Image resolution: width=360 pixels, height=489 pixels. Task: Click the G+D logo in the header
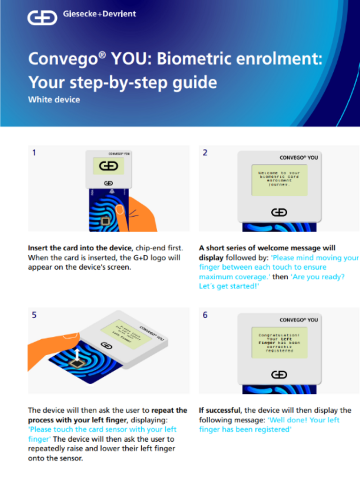point(42,17)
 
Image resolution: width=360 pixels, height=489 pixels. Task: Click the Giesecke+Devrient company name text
point(99,14)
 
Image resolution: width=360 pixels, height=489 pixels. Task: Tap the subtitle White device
point(54,99)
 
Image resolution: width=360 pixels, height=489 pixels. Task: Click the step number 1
point(34,153)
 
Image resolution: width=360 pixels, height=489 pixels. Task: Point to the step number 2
point(205,153)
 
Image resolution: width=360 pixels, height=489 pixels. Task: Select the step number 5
point(34,315)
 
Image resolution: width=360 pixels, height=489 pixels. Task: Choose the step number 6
point(205,315)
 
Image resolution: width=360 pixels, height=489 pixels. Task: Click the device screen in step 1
point(108,166)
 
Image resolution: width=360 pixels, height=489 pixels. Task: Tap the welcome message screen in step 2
point(279,180)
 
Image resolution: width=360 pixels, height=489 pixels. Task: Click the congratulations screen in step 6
point(279,342)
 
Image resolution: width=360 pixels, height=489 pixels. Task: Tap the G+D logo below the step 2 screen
point(279,213)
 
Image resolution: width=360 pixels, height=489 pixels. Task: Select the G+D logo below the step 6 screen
point(279,374)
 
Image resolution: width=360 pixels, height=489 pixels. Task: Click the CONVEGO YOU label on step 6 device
point(299,320)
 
